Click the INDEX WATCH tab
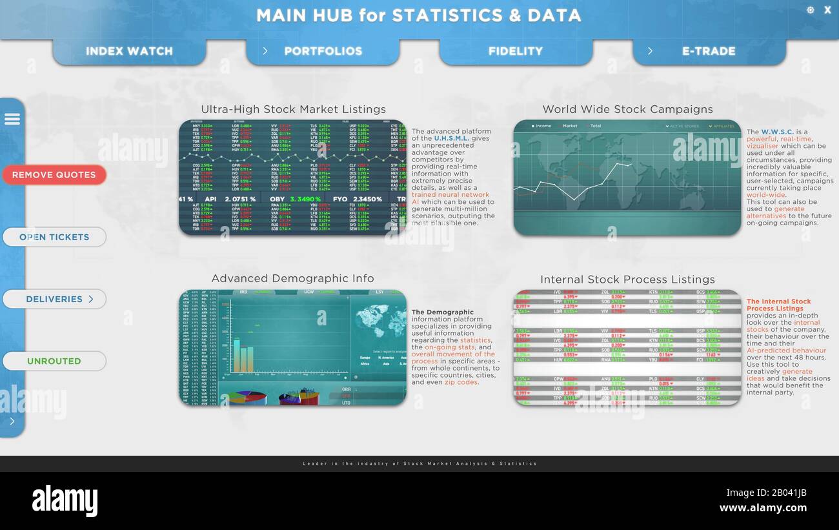(129, 51)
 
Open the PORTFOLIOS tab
(323, 51)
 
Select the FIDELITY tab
(515, 51)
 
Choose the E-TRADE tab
(708, 51)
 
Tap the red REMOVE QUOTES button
(54, 175)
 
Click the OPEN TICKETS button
(54, 237)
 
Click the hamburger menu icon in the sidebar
(12, 119)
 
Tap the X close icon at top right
(827, 10)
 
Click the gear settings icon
(811, 10)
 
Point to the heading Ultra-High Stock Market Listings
(293, 109)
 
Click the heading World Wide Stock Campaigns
(627, 109)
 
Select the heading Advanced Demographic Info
(292, 278)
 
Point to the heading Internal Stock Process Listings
(627, 280)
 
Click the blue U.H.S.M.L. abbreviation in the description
(452, 138)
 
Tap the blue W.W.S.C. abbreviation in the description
(778, 132)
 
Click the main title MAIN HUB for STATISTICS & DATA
(418, 15)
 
